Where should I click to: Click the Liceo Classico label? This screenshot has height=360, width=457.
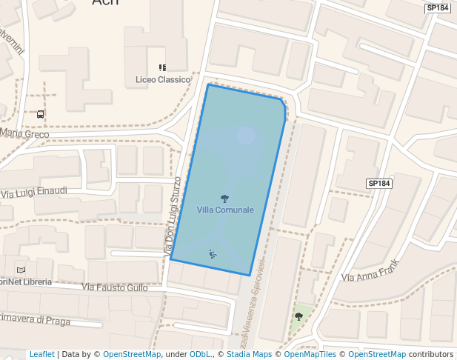coord(163,79)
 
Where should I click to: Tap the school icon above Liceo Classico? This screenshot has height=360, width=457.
coord(163,68)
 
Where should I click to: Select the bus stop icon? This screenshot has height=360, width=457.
coord(40,115)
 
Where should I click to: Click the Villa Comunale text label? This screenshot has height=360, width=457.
coord(225,210)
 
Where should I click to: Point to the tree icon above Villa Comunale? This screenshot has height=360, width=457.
coord(224,199)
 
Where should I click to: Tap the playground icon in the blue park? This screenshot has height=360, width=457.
coord(213,254)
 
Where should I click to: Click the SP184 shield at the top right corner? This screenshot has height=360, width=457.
coord(438,8)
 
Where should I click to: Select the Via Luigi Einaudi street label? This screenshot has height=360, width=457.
coord(34,192)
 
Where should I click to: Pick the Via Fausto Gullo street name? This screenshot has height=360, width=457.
coord(115,287)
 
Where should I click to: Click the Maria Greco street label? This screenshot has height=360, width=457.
coord(24,134)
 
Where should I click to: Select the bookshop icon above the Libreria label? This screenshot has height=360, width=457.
coord(21,270)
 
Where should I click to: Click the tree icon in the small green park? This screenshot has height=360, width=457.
coord(298,316)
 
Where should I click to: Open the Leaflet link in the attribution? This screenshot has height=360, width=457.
coord(42,354)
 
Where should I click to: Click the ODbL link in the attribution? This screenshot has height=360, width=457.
coord(200,354)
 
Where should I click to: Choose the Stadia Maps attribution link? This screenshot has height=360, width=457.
coord(249,354)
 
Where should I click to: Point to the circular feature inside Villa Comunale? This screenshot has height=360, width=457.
coord(246,135)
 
